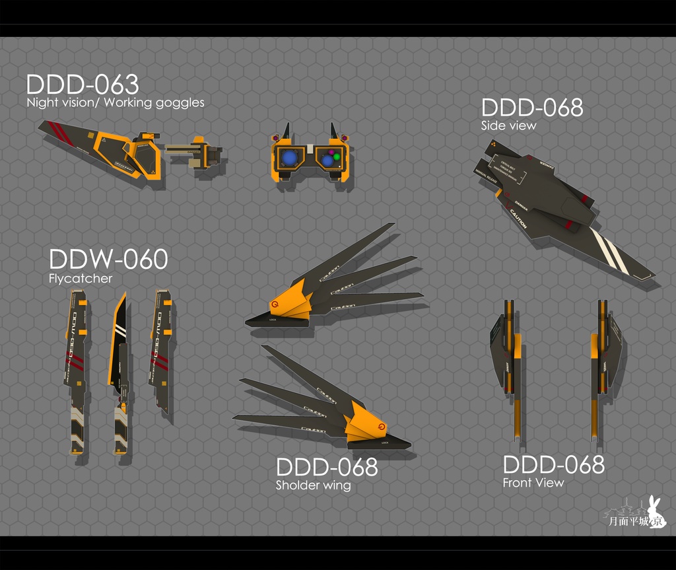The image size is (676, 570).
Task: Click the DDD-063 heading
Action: point(83,85)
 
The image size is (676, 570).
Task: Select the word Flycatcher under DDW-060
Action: point(81,279)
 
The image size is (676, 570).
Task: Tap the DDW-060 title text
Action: point(108,260)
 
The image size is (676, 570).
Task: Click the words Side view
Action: point(508,125)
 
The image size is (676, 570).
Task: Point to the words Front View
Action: point(533,483)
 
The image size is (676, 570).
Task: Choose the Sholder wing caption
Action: point(313,486)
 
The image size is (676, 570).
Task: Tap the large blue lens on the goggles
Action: point(288,158)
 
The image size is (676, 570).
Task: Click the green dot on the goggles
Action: point(336,157)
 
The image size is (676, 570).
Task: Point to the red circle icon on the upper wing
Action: point(274,304)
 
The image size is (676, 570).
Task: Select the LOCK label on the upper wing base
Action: point(273,319)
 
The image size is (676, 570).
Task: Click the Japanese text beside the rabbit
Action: point(627,522)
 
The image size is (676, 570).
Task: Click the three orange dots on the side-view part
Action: point(492,143)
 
